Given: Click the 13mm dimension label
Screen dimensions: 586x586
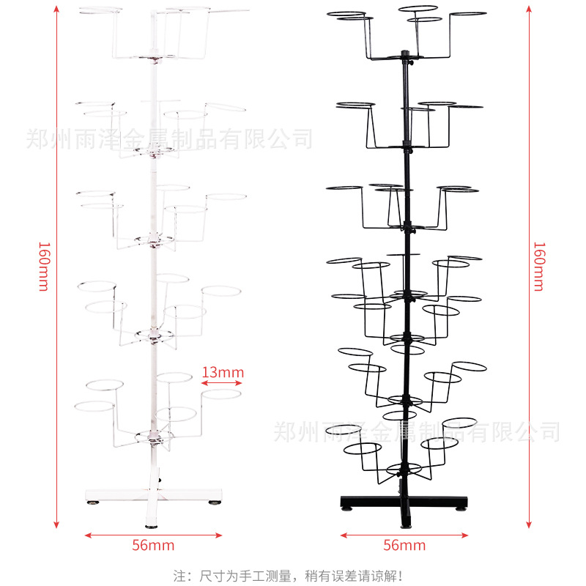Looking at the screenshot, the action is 223,373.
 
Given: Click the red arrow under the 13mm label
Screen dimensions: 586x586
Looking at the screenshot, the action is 223,383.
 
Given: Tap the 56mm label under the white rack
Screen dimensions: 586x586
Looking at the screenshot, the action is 153,545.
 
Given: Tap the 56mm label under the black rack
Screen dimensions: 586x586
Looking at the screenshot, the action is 404,545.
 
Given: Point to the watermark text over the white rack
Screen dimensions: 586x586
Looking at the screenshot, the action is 168,138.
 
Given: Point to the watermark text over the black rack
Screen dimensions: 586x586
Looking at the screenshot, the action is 417,431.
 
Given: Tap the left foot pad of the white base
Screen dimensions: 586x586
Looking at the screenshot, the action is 96,502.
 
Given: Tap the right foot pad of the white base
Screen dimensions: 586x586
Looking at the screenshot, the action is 215,502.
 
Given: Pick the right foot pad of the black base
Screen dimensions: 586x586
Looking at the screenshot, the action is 461,506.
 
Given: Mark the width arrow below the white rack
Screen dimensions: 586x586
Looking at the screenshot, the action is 153,535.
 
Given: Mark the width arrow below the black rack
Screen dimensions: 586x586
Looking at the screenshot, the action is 404,535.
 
